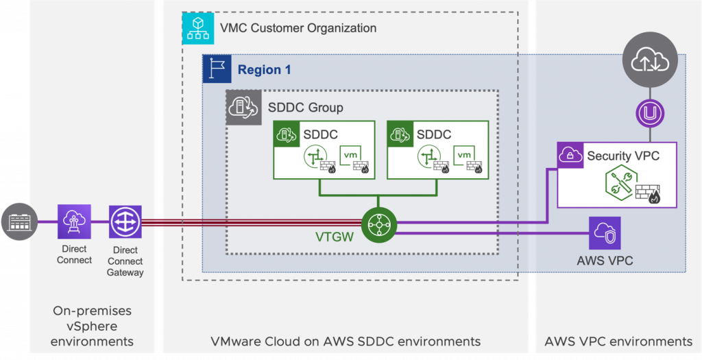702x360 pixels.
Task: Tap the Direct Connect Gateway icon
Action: coord(125,222)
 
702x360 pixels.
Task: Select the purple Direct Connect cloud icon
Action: coord(74,222)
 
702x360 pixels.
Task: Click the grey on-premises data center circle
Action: coord(19,222)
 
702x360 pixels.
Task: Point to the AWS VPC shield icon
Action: coord(605,233)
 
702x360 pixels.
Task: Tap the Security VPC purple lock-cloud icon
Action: coord(570,156)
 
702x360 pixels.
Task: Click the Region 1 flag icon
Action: coord(217,69)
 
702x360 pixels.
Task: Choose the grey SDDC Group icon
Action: coord(243,108)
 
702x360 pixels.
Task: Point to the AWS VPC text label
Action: coord(605,261)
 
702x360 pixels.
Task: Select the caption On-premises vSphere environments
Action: coord(92,326)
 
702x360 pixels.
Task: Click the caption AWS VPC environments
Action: coord(618,341)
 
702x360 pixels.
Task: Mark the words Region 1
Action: coord(264,70)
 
